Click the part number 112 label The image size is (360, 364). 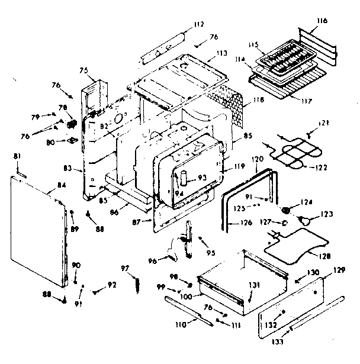point(198,24)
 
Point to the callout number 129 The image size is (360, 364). point(337,270)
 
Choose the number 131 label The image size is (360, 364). point(254,286)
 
